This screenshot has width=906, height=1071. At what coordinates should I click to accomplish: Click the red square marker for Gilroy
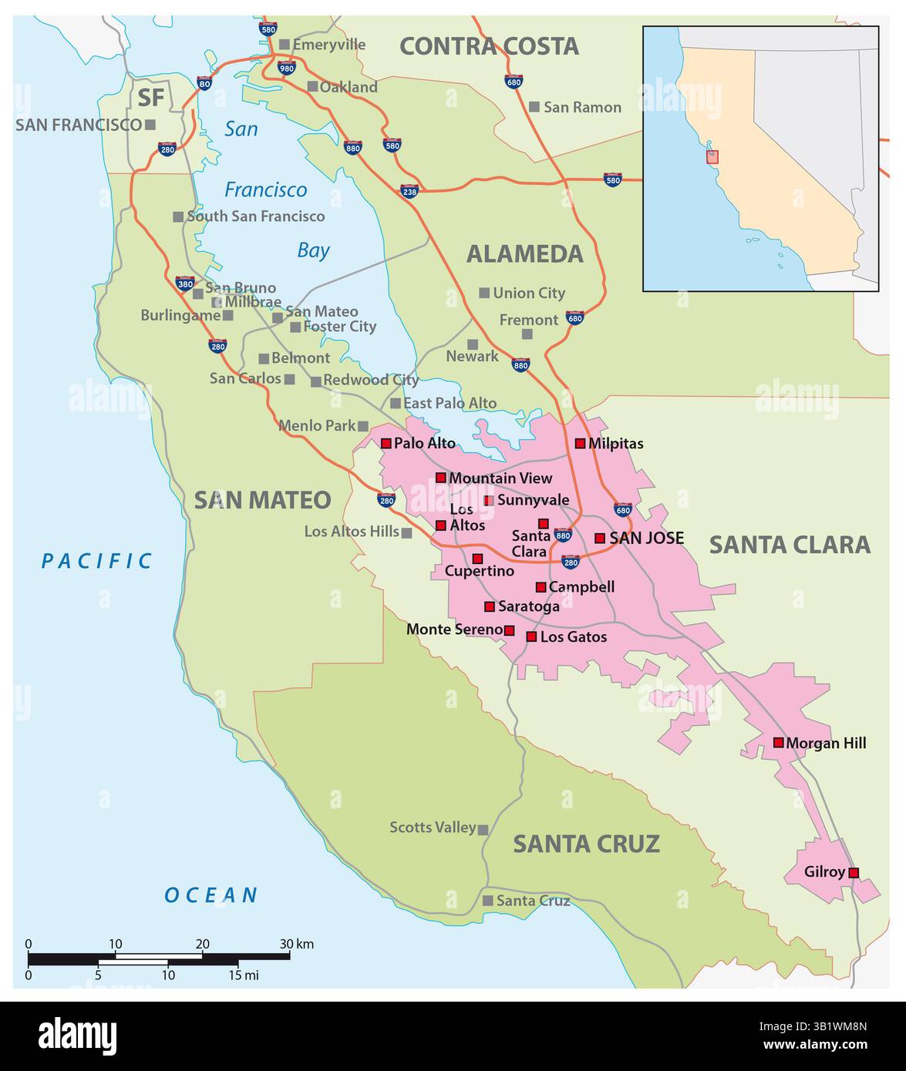pyautogui.click(x=853, y=872)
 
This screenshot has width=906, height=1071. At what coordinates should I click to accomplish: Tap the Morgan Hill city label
pyautogui.click(x=826, y=743)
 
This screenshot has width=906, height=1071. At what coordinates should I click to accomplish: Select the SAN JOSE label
pyautogui.click(x=646, y=538)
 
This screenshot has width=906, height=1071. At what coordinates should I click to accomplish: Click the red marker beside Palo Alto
pyautogui.click(x=386, y=443)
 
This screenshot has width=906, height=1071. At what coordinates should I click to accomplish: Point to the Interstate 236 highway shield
pyautogui.click(x=409, y=190)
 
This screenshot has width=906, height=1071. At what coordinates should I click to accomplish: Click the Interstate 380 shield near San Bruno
pyautogui.click(x=185, y=283)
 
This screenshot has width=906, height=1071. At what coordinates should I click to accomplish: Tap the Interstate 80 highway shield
pyautogui.click(x=204, y=83)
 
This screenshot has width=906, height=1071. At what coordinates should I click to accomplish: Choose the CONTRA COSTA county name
pyautogui.click(x=489, y=46)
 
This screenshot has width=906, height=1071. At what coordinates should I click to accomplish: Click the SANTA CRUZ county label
pyautogui.click(x=586, y=844)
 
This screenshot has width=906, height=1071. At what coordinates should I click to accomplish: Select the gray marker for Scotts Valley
pyautogui.click(x=483, y=830)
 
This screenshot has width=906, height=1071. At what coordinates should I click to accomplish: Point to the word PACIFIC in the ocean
pyautogui.click(x=97, y=561)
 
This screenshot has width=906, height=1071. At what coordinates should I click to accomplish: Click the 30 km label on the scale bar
pyautogui.click(x=296, y=944)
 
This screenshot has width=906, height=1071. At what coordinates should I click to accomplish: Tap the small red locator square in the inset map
pyautogui.click(x=712, y=156)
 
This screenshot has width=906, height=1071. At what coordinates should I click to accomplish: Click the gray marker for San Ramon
pyautogui.click(x=534, y=106)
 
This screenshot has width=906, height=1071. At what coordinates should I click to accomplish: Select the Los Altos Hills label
pyautogui.click(x=352, y=531)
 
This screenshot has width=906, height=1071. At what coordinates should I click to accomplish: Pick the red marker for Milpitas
pyautogui.click(x=580, y=443)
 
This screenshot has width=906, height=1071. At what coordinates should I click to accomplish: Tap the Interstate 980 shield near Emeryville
pyautogui.click(x=286, y=69)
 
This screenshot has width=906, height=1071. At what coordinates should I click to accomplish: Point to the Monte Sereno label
pyautogui.click(x=454, y=630)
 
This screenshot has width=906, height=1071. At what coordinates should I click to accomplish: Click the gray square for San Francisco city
pyautogui.click(x=150, y=124)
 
